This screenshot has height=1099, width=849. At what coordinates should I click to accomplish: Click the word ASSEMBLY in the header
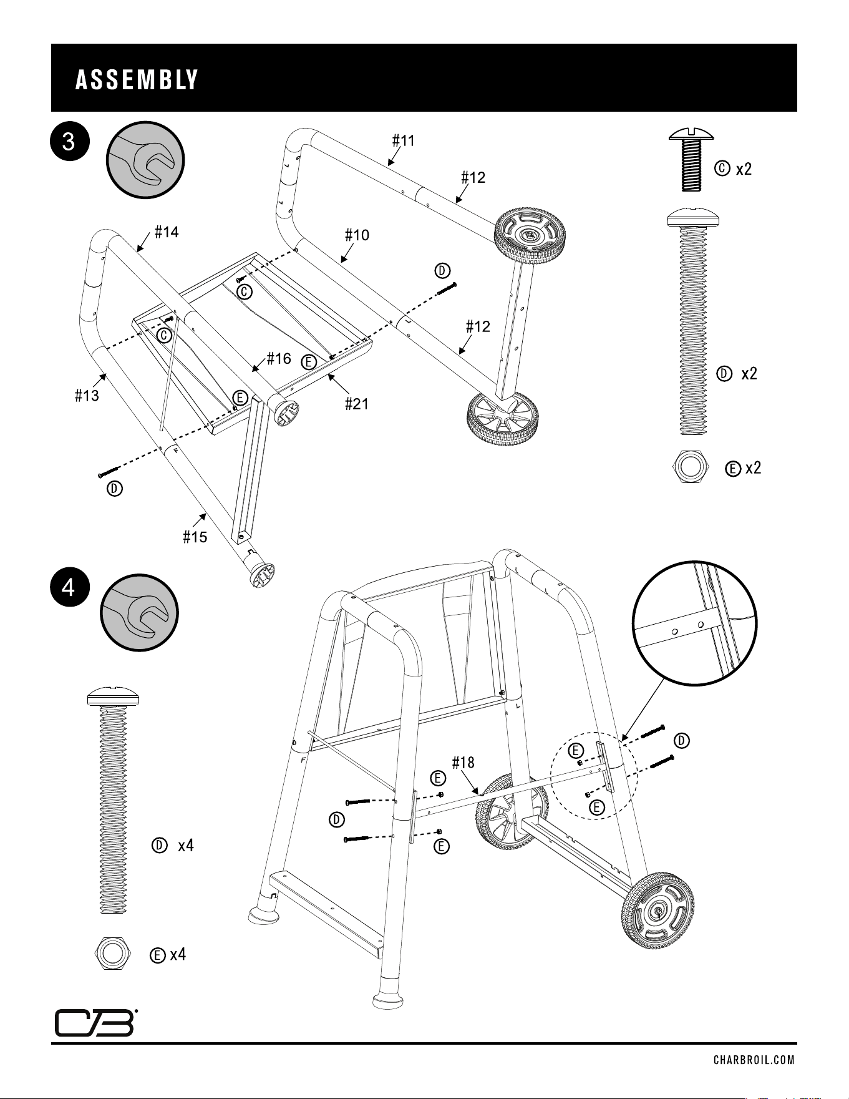[137, 81]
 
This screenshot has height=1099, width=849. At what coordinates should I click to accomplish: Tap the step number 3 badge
[69, 142]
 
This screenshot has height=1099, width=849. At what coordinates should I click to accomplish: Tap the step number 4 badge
[69, 588]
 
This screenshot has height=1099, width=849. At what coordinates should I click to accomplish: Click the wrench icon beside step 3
[147, 160]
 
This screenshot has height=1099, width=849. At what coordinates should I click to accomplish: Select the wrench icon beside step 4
[140, 612]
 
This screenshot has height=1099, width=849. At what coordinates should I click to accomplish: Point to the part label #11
[404, 140]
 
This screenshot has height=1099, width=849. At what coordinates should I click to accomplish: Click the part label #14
[167, 232]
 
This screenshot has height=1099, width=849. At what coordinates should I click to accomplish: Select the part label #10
[357, 235]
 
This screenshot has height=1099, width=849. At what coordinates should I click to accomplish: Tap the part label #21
[357, 404]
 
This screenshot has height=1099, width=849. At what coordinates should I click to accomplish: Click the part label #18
[463, 762]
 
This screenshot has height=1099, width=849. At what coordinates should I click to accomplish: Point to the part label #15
[195, 537]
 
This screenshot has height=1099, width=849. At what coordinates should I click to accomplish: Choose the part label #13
[87, 396]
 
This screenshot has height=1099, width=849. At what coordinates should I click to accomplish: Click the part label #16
[279, 358]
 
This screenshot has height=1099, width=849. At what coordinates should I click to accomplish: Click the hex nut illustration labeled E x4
[113, 954]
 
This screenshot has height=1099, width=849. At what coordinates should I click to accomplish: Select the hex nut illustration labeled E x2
[692, 466]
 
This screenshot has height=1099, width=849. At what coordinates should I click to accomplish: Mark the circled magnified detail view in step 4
[696, 625]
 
